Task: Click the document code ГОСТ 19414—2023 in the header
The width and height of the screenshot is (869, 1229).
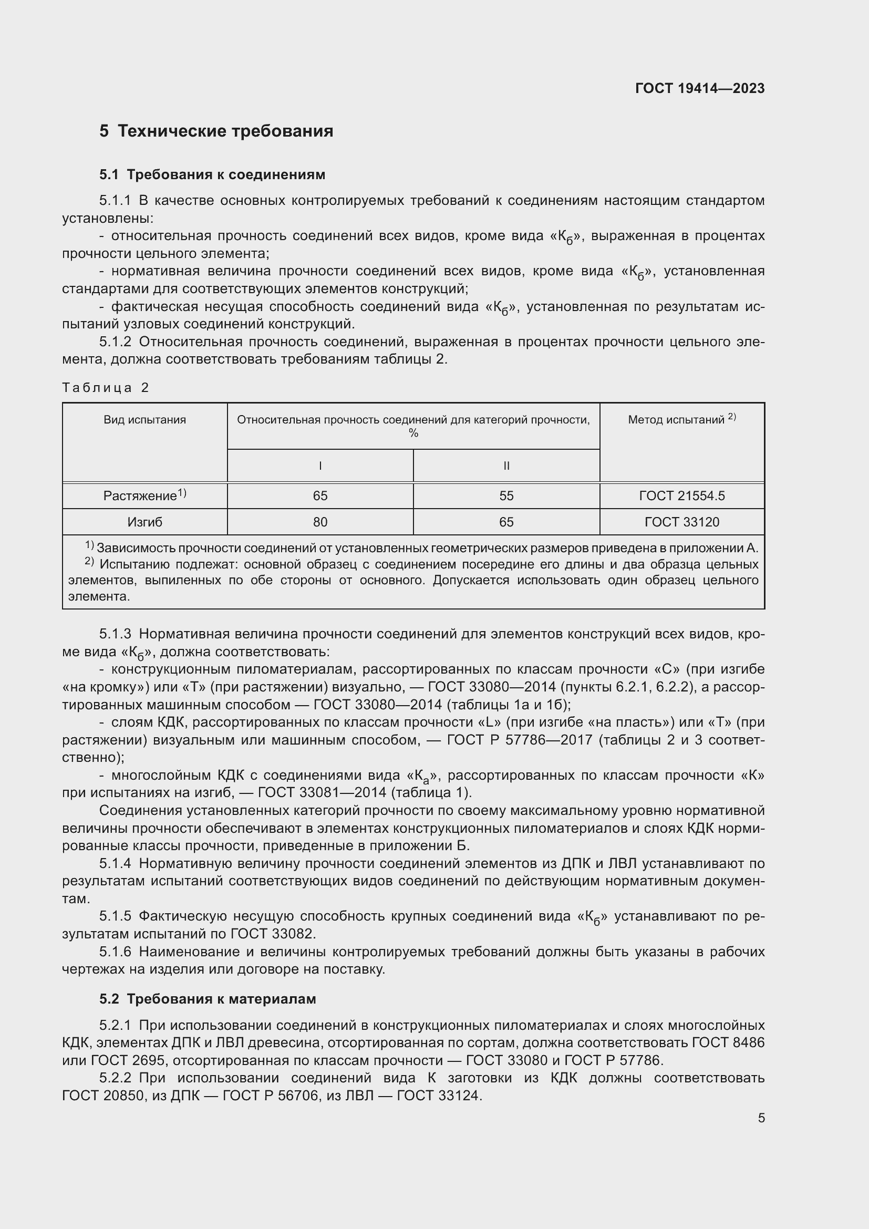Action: pos(699,88)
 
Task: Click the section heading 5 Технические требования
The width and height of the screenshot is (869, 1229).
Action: pos(216,131)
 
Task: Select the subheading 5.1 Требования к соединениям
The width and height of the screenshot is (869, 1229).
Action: pos(212,174)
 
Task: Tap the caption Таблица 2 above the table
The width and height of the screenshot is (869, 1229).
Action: pos(106,388)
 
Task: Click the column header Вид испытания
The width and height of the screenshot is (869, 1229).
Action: pos(144,420)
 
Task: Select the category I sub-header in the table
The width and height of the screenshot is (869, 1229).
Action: pos(320,466)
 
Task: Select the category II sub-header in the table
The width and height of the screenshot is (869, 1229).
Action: pos(506,466)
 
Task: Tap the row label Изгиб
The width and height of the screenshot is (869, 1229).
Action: pos(144,522)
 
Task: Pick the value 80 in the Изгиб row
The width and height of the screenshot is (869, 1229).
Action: pos(320,522)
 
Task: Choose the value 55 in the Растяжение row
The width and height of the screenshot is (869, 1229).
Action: pos(506,495)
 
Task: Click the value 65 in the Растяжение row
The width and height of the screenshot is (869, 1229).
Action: pos(320,495)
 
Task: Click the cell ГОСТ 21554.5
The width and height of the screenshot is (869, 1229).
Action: pos(681,495)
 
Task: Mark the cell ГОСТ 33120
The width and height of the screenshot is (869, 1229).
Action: pos(681,522)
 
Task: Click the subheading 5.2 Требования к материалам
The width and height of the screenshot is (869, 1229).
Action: pos(208,999)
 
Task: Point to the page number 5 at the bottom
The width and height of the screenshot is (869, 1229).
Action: pos(761,1118)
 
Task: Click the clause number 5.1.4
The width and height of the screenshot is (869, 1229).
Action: pos(115,863)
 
